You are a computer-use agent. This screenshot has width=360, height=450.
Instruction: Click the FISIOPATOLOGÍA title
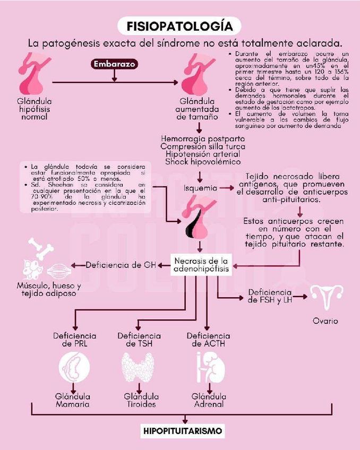click(180, 25)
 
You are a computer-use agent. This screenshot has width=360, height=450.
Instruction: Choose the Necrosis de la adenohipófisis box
click(201, 265)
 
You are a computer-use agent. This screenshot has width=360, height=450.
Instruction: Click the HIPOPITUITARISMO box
click(182, 430)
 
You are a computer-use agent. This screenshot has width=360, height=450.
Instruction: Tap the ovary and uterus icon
click(326, 298)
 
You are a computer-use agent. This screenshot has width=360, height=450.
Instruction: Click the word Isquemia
click(200, 187)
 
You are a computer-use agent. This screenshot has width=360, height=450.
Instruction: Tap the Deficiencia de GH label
click(121, 265)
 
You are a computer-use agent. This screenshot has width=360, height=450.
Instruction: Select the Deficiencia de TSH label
click(139, 340)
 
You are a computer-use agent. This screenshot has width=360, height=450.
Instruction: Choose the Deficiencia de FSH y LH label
click(270, 296)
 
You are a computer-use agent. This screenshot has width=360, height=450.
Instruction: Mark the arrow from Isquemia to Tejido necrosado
click(227, 187)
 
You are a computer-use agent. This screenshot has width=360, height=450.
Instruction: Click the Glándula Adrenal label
click(209, 400)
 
